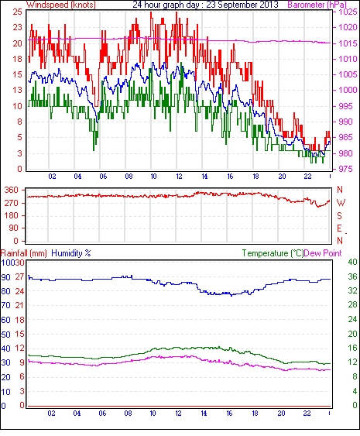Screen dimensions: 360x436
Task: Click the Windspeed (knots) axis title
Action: (x=61, y=5)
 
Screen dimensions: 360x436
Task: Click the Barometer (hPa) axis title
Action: (x=317, y=5)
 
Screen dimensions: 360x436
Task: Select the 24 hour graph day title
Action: (x=205, y=5)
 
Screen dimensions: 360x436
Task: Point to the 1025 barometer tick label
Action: (x=348, y=12)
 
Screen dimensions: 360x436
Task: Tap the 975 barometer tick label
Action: (x=345, y=169)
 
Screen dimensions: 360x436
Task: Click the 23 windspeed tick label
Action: (x=17, y=27)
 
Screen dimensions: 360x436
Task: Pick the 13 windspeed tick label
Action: (x=17, y=90)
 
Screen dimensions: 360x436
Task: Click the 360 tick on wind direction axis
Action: (x=12, y=191)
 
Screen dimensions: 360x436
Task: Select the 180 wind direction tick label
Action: (x=12, y=215)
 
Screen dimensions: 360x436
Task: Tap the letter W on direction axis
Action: (x=341, y=203)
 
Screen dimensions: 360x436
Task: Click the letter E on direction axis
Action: (x=339, y=228)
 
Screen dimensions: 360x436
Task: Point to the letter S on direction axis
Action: (x=339, y=215)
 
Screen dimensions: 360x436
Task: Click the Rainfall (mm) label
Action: (x=24, y=253)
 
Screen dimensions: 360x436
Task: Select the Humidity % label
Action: (x=71, y=253)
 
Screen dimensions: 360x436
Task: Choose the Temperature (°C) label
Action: (x=273, y=253)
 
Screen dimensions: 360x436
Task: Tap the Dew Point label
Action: (x=323, y=253)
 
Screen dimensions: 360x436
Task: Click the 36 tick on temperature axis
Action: (x=352, y=276)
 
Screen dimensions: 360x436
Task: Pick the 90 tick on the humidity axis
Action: (x=5, y=277)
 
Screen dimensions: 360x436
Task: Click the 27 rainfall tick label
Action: (x=19, y=276)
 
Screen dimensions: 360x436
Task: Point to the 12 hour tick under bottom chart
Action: (x=178, y=414)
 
